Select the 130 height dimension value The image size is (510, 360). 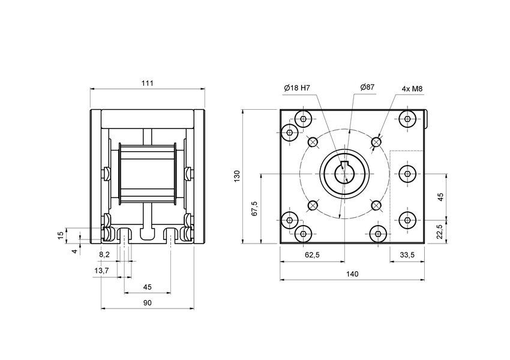tap(237, 176)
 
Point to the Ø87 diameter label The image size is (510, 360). tap(367, 88)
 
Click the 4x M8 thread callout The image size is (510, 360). tap(412, 89)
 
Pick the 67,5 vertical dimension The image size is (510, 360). tap(254, 208)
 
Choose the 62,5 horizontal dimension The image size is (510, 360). tap(312, 255)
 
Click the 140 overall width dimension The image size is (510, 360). tap(352, 274)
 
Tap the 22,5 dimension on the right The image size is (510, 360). tap(440, 231)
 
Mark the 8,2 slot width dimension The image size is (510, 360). tap(104, 255)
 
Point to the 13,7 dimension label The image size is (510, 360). tap(102, 271)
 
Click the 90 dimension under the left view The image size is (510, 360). tap(148, 303)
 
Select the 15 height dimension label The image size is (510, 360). tap(60, 235)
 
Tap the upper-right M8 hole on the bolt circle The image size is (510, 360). tap(376, 142)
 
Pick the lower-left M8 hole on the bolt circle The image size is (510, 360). tap(312, 206)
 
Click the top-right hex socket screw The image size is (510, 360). tap(409, 118)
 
